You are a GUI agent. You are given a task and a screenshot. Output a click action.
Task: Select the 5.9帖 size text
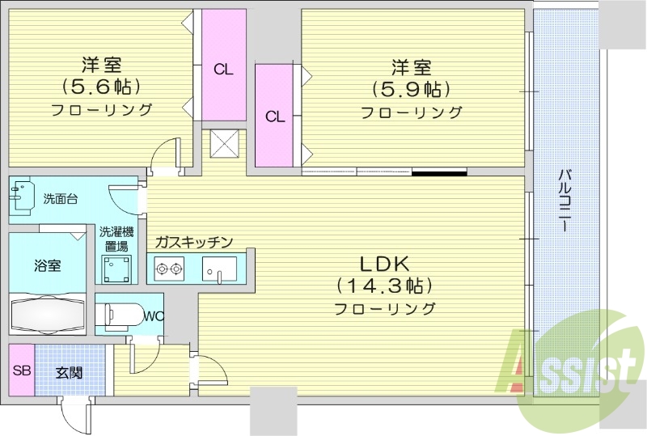[411, 89]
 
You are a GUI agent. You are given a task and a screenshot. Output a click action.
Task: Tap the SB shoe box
[21, 373]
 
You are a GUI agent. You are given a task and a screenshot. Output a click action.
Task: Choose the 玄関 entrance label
[69, 373]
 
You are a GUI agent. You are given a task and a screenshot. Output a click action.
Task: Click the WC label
[154, 316]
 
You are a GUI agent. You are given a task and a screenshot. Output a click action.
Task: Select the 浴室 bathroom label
[47, 265]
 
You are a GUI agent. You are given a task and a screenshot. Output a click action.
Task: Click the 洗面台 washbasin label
[61, 199]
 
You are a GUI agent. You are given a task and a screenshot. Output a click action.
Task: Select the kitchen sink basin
[218, 266]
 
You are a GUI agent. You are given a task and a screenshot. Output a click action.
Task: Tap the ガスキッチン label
[194, 242]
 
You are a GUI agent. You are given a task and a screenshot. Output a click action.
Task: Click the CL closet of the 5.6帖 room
[224, 69]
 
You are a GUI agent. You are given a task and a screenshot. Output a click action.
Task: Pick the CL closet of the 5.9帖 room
[275, 116]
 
